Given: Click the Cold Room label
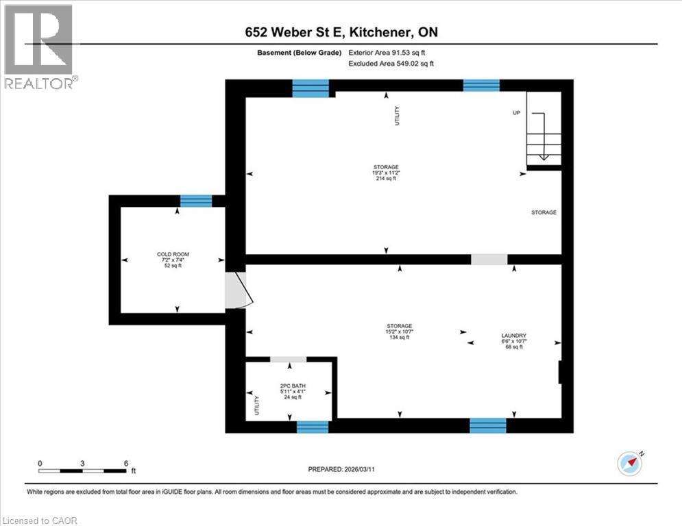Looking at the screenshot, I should (x=173, y=260).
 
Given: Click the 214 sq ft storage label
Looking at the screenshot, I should (x=385, y=173).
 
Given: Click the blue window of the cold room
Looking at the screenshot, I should (x=195, y=201).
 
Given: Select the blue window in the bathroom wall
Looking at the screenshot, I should (x=313, y=427).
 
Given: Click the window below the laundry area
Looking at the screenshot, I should (x=487, y=426).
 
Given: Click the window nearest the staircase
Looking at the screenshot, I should (x=481, y=86).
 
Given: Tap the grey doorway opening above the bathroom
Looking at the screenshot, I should (x=289, y=360).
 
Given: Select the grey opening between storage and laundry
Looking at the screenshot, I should (x=489, y=260).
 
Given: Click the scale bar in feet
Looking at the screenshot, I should (x=83, y=471).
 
